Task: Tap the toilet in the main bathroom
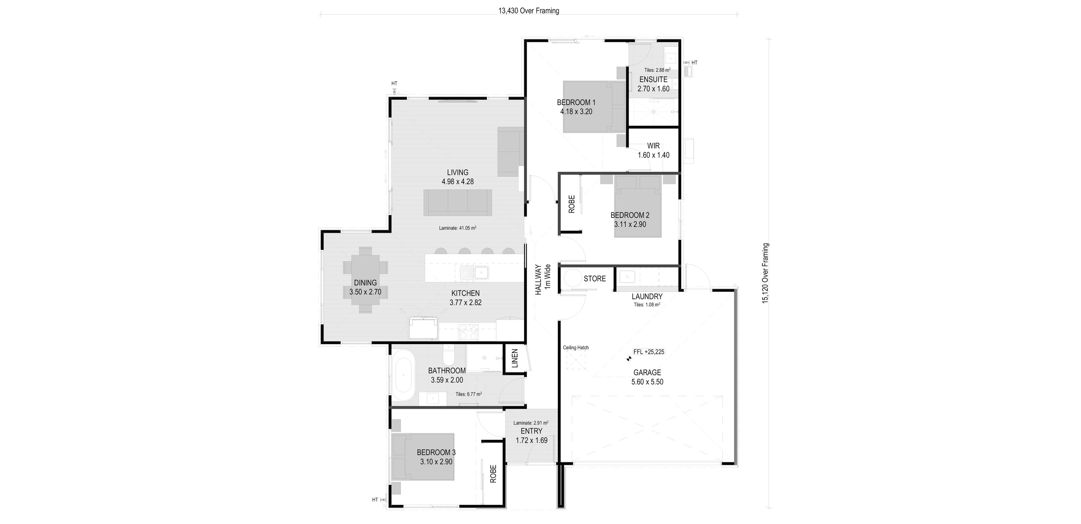[448, 355]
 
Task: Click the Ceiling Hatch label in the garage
[576, 348]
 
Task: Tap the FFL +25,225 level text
[649, 351]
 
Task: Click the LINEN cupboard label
[514, 358]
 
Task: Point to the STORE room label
[595, 278]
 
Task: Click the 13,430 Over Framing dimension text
[528, 11]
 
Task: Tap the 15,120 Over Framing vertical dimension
[765, 273]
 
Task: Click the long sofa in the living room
[457, 202]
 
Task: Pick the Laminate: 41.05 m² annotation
[457, 228]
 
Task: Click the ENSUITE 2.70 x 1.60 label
[653, 84]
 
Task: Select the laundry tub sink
[627, 277]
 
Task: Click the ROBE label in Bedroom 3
[493, 474]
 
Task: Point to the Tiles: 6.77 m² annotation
[468, 394]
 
